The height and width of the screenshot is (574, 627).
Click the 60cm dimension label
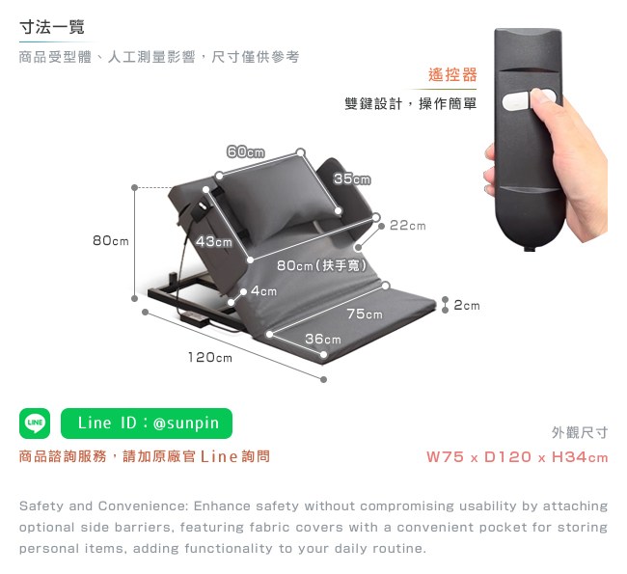coord(246,152)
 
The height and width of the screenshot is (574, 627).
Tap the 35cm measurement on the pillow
coord(352,178)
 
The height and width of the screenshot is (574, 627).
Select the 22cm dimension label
coord(407,226)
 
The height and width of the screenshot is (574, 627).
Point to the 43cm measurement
coord(214,241)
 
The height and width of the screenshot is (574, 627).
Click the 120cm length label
coord(210,357)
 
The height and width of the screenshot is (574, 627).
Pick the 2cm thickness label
coord(467,306)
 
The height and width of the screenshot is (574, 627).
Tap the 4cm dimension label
coord(264,291)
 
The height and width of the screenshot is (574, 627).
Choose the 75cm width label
coord(365,314)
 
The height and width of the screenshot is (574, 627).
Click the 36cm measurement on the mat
coord(323,340)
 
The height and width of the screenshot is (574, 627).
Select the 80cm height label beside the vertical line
coord(110,241)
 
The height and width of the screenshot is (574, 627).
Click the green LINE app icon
coord(35,424)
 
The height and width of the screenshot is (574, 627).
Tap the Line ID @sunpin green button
coord(147,424)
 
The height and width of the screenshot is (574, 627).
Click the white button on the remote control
coord(516,101)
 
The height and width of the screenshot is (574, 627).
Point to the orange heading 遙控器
coord(452,75)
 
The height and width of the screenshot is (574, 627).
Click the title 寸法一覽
coord(52,27)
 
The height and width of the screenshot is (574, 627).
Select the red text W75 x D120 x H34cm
coord(517,457)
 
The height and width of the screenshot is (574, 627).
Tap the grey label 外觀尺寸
coord(580,432)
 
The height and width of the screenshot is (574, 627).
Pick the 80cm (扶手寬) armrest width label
coord(322,265)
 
